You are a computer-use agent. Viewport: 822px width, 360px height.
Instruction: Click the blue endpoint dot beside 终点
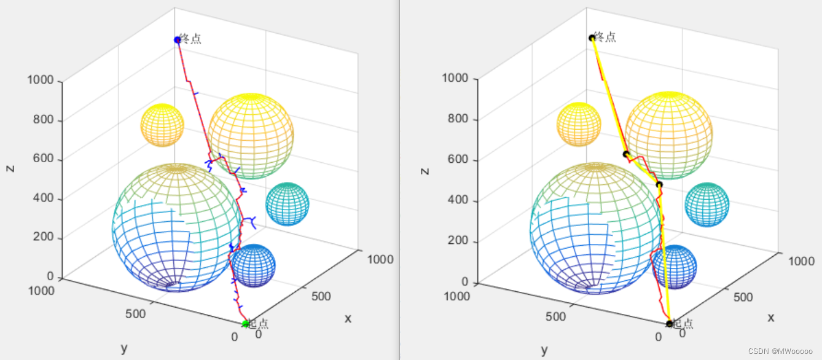click(x=178, y=40)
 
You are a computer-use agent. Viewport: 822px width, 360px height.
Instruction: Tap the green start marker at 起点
click(x=245, y=324)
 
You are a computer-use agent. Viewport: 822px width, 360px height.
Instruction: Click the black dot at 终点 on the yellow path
click(x=592, y=38)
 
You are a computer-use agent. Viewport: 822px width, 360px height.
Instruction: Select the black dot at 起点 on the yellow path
click(x=669, y=324)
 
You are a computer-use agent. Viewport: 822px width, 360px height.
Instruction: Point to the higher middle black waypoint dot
click(x=625, y=154)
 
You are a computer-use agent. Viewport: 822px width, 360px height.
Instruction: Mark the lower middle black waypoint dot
click(x=659, y=184)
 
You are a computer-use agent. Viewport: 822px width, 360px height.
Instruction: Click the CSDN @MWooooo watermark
click(x=782, y=351)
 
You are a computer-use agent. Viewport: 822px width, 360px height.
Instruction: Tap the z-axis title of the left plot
click(x=10, y=168)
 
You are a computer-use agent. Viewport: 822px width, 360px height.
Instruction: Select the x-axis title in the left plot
click(x=348, y=318)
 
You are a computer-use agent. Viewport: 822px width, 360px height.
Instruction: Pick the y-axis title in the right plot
click(x=544, y=351)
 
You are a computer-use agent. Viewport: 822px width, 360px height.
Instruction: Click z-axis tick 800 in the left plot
click(x=42, y=120)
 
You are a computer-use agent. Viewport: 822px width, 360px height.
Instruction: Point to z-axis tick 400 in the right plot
click(x=456, y=200)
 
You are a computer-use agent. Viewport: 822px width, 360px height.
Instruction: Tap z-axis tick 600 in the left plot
click(x=42, y=159)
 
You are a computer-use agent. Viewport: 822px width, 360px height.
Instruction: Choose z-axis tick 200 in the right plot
click(x=456, y=241)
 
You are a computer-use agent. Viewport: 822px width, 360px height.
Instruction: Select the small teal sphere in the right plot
click(x=707, y=205)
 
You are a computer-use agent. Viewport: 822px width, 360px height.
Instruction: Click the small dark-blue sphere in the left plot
click(x=254, y=266)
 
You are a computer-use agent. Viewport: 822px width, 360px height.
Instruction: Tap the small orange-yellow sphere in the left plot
click(x=162, y=125)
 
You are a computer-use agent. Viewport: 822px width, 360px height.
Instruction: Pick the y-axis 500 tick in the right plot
click(x=555, y=317)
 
